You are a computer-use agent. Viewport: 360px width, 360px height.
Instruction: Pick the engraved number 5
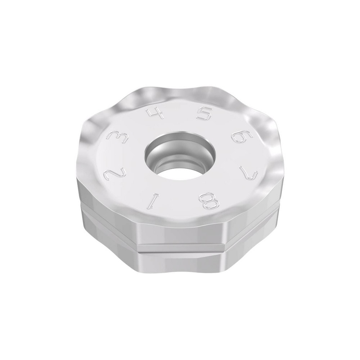point(204,115)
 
